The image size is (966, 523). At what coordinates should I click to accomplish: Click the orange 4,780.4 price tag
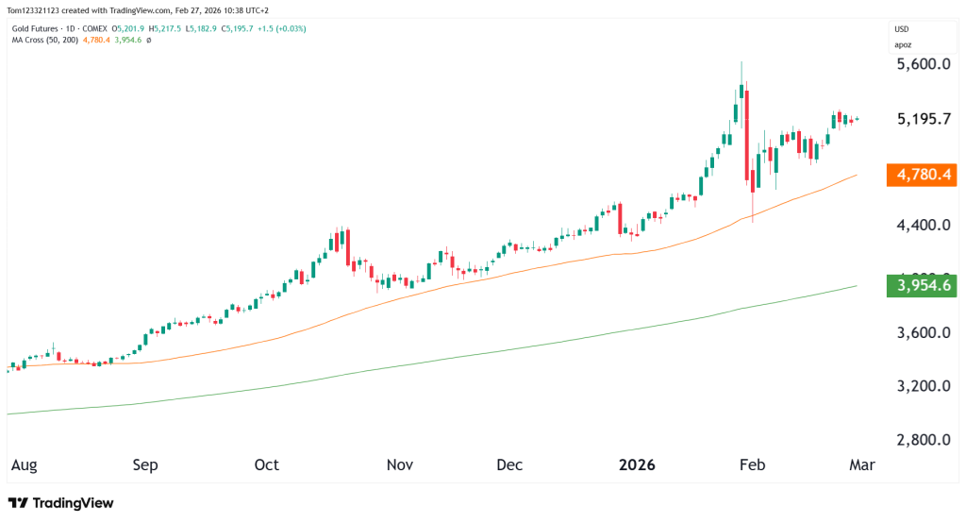pyautogui.click(x=923, y=175)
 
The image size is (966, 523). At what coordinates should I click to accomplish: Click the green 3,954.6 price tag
pyautogui.click(x=923, y=286)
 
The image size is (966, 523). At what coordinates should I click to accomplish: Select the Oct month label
pyautogui.click(x=267, y=465)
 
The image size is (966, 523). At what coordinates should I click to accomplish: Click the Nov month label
pyautogui.click(x=401, y=465)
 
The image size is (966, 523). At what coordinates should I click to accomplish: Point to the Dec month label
pyautogui.click(x=509, y=465)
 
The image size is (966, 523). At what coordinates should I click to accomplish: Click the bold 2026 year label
pyautogui.click(x=637, y=465)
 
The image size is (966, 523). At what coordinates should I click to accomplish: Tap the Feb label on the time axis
pyautogui.click(x=752, y=465)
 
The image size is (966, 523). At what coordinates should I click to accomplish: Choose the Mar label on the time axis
pyautogui.click(x=860, y=465)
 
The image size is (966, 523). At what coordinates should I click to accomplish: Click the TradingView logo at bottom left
pyautogui.click(x=60, y=503)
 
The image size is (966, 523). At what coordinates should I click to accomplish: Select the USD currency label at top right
pyautogui.click(x=902, y=29)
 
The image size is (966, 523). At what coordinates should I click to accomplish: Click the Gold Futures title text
pyautogui.click(x=38, y=28)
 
